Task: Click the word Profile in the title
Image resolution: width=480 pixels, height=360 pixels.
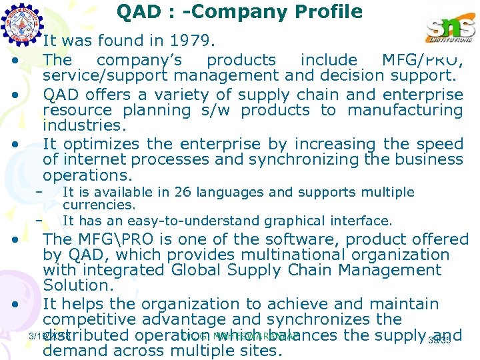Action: [326, 11]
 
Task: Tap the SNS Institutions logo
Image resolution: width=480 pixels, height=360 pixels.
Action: [450, 30]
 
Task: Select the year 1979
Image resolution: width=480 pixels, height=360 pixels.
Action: [191, 41]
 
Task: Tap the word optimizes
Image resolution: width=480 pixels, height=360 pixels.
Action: [100, 143]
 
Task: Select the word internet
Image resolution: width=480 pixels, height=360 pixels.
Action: [100, 159]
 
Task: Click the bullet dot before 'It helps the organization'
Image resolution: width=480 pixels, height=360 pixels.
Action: [14, 305]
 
